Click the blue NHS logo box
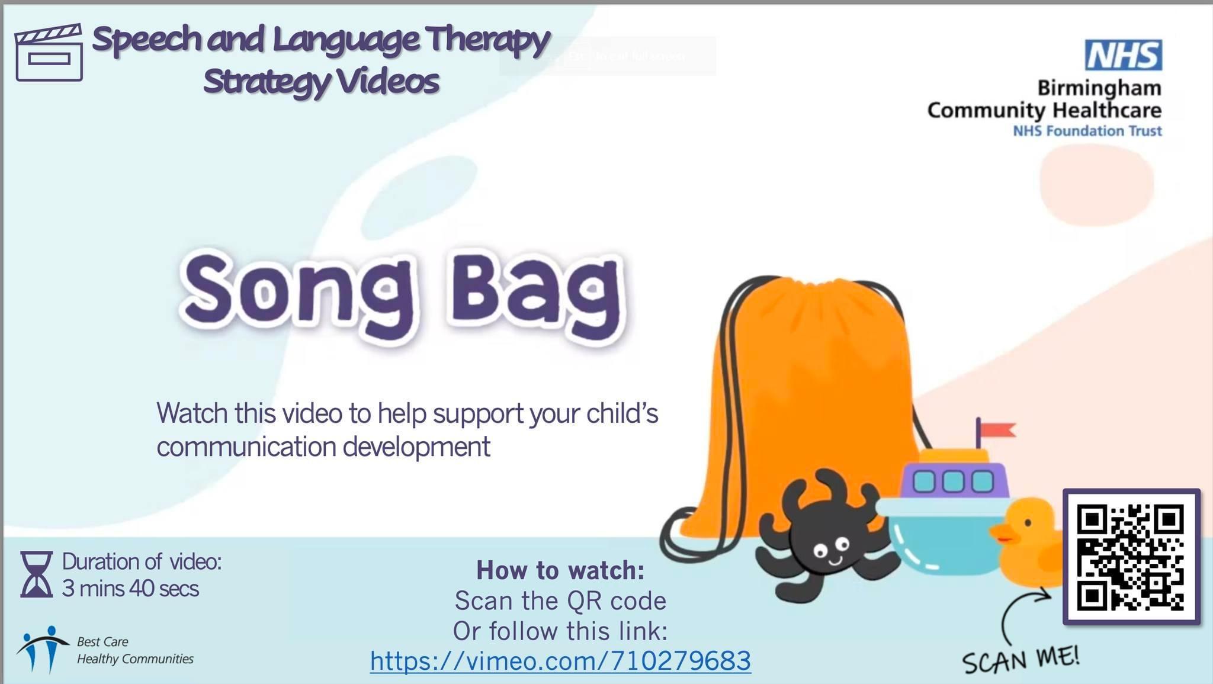1123,55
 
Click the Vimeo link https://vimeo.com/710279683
560,660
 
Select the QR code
1131,557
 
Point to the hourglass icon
36,574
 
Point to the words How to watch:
560,570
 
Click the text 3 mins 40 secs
130,589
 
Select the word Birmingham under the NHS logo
1099,88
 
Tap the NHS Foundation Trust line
1087,130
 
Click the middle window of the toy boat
952,481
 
